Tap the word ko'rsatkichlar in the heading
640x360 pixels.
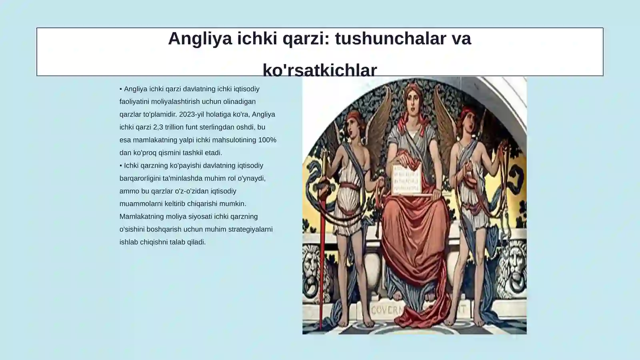320,70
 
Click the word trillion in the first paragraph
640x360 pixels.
174,127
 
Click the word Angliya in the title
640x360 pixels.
200,39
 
